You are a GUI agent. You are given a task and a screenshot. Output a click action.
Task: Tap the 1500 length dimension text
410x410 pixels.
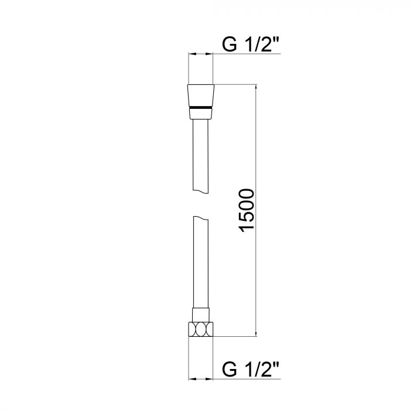coord(247,211)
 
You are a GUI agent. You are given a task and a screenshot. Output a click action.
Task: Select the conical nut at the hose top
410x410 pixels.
coord(201,95)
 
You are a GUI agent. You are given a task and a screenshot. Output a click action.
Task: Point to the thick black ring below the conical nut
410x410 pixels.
coord(201,108)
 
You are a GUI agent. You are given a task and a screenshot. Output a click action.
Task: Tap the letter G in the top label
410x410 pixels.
coord(230,45)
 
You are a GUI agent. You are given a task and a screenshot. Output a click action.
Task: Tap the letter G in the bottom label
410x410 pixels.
coord(230,370)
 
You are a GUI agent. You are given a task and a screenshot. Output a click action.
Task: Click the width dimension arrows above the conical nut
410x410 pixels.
coord(201,54)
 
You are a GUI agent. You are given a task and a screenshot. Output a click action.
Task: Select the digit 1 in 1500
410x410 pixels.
coord(247,231)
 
